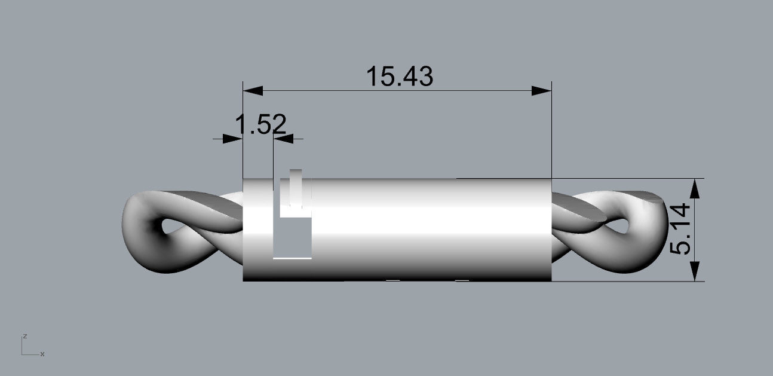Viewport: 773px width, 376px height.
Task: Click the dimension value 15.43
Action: click(x=399, y=77)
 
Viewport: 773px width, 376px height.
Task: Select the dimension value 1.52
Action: click(x=260, y=125)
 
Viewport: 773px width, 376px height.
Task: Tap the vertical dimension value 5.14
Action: click(x=680, y=230)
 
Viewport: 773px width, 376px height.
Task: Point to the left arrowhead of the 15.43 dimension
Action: click(x=253, y=90)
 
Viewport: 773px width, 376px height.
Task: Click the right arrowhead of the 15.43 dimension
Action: click(x=541, y=90)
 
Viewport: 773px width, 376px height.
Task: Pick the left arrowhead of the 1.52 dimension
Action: click(x=232, y=139)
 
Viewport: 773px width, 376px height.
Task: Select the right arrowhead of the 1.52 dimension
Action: click(x=284, y=139)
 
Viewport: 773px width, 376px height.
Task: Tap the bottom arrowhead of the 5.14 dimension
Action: click(x=695, y=271)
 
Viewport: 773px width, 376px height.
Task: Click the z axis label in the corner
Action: click(x=24, y=337)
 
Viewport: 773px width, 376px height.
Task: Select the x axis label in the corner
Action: click(x=42, y=354)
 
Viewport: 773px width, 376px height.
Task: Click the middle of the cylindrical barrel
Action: click(x=418, y=230)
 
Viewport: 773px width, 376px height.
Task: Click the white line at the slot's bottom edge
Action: click(x=292, y=258)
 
